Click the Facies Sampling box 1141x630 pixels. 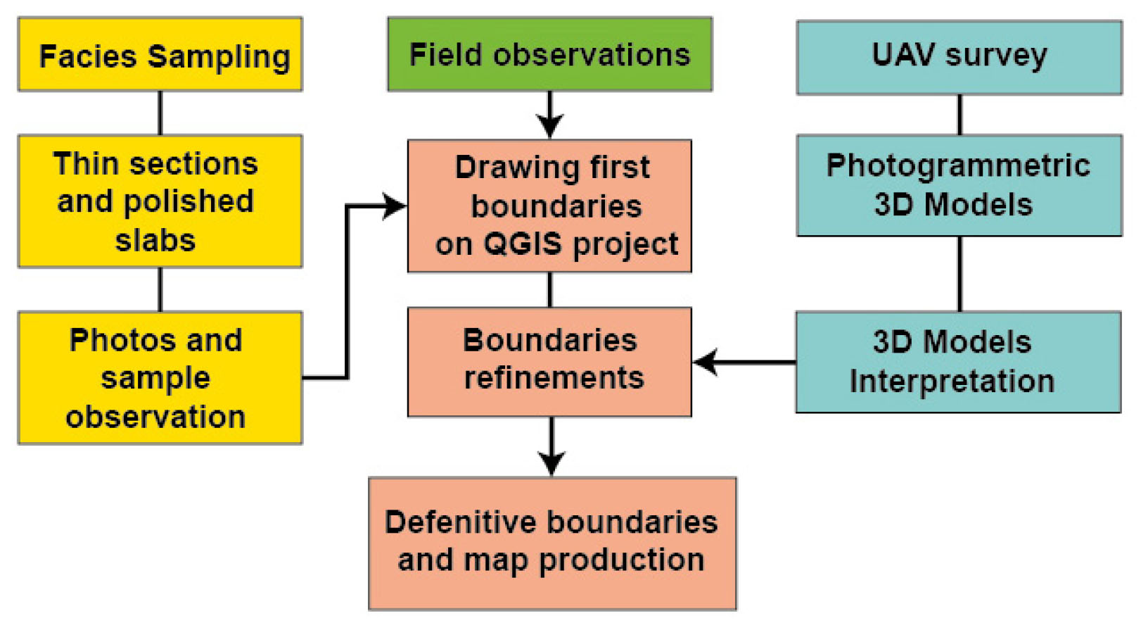point(160,55)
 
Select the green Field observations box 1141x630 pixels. point(549,55)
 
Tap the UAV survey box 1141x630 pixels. point(959,56)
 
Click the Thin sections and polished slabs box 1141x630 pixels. point(160,201)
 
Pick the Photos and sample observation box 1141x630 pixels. point(160,378)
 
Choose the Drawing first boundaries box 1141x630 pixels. point(549,206)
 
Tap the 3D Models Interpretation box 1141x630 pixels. point(958,362)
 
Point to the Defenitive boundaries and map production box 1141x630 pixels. point(552,543)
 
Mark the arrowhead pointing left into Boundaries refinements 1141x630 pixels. point(706,362)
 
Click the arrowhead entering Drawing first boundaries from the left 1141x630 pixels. point(394,206)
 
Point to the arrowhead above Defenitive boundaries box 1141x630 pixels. point(552,464)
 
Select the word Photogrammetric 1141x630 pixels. point(958,166)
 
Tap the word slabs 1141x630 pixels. point(155,241)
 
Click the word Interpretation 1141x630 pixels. point(952,382)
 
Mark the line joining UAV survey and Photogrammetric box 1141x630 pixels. point(960,114)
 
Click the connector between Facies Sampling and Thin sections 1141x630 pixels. point(160,113)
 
